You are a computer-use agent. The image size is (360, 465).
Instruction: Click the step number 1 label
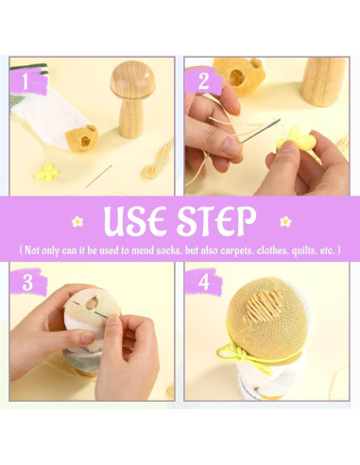26,81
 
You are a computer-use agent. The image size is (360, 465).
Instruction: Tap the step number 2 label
203,80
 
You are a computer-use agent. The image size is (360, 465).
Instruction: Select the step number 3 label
27,282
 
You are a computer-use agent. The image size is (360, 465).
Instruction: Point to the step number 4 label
203,282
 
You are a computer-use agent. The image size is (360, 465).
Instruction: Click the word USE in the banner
135,220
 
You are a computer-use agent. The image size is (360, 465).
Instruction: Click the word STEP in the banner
216,220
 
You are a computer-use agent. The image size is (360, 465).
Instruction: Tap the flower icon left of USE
77,221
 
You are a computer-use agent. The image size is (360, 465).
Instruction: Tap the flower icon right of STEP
285,221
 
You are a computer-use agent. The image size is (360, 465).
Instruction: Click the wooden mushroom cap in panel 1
132,80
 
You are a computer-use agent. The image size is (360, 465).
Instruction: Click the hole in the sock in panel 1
85,140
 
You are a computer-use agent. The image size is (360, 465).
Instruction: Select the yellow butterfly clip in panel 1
46,172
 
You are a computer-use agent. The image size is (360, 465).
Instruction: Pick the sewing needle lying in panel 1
98,177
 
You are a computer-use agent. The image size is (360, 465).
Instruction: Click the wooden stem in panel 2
323,81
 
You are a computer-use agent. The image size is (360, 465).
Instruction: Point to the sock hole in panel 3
92,302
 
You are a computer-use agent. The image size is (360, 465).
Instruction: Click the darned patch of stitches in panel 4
264,303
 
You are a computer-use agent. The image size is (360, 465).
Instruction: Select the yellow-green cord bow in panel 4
238,354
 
